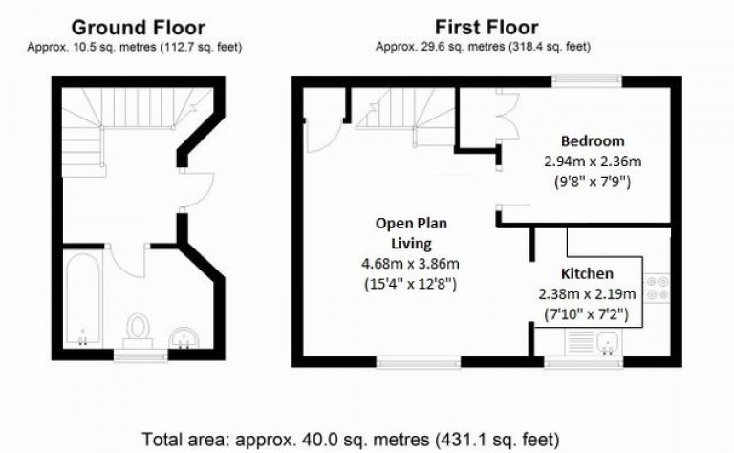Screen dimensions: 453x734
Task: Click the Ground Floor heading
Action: (138, 28)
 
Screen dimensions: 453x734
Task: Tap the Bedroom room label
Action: (593, 141)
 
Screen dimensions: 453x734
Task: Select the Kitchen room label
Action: (587, 274)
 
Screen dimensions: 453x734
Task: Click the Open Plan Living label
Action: (410, 233)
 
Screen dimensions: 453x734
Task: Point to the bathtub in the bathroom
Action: (81, 299)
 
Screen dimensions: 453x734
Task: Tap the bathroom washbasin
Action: (185, 335)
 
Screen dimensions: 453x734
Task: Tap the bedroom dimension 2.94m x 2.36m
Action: (593, 161)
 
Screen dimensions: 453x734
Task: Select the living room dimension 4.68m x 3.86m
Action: (410, 265)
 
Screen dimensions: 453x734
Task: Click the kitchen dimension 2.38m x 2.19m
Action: (587, 293)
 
